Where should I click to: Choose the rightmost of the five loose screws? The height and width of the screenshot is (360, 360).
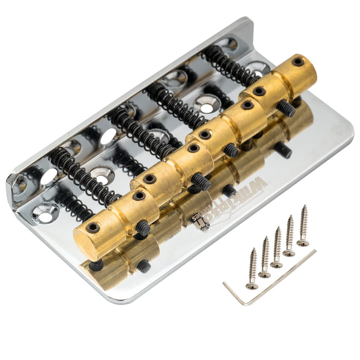tap(303, 226)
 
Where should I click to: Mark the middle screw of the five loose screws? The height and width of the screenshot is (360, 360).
tap(277, 248)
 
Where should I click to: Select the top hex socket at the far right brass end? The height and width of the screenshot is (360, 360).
tap(298, 62)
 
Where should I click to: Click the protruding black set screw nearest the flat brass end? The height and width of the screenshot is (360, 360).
tap(143, 228)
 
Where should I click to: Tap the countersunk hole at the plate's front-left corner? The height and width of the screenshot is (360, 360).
tap(44, 213)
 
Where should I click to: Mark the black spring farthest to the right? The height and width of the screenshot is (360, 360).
tap(229, 65)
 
